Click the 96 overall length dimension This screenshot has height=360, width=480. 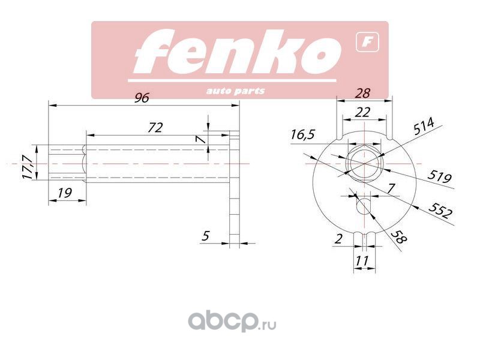click(142, 98)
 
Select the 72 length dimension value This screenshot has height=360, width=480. click(155, 127)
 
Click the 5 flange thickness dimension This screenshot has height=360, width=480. click(205, 236)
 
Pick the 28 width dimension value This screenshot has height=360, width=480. click(362, 93)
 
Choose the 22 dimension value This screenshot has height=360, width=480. click(362, 112)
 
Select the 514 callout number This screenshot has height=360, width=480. click(424, 127)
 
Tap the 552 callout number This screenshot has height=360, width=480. click(440, 211)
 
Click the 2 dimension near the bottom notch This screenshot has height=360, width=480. click(339, 239)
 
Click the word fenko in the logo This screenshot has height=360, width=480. click(235, 54)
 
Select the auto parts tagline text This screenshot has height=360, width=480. click(235, 91)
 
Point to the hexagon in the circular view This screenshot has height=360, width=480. click(364, 163)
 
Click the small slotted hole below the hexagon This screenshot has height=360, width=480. click(364, 206)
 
